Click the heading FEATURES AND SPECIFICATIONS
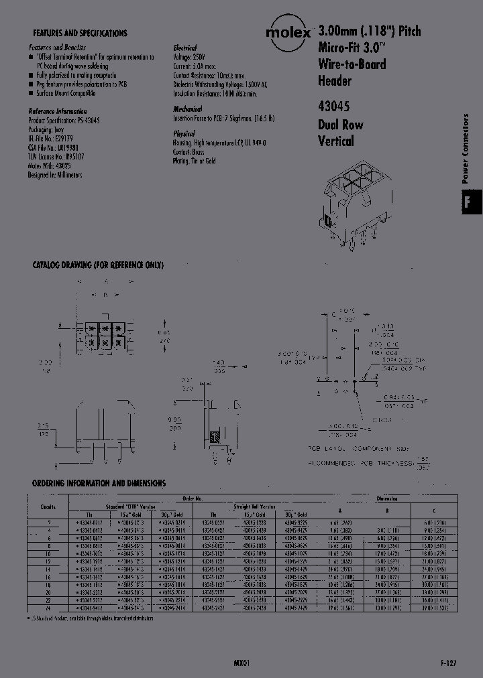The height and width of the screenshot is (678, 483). pyautogui.click(x=80, y=33)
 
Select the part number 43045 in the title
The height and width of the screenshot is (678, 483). pyautogui.click(x=333, y=107)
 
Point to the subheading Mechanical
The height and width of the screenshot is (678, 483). pyautogui.click(x=187, y=109)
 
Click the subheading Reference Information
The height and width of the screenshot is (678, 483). pyautogui.click(x=58, y=111)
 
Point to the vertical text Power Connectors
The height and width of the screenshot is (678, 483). pyautogui.click(x=466, y=149)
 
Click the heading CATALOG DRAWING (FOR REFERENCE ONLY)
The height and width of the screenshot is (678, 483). pyautogui.click(x=98, y=265)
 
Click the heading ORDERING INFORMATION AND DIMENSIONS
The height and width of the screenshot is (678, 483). pyautogui.click(x=99, y=483)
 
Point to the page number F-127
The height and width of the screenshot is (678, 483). pyautogui.click(x=450, y=662)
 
